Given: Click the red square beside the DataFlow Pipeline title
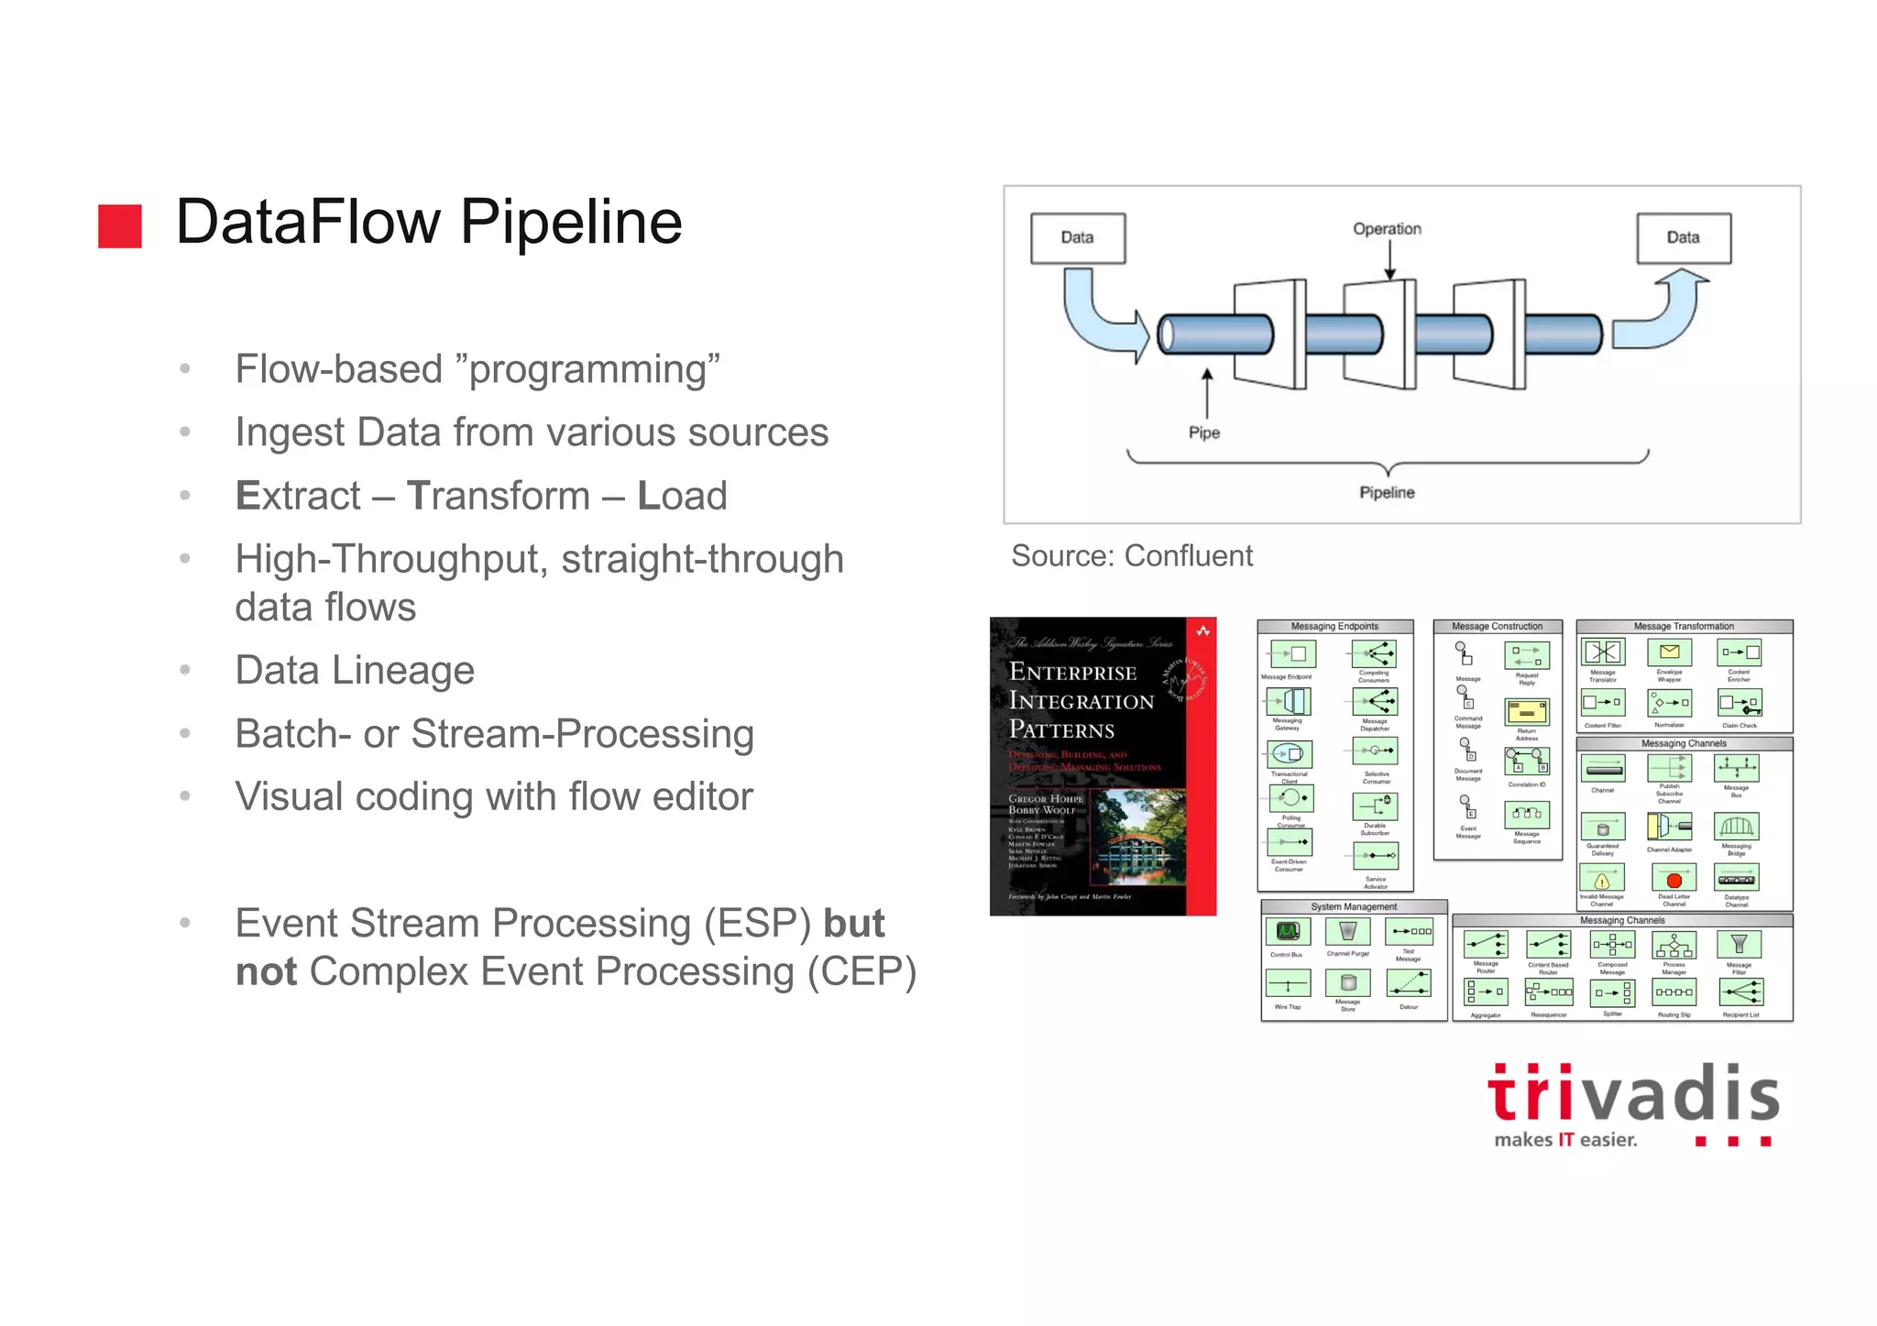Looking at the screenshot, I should point(120,225).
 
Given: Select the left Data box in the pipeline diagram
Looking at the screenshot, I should point(1077,238).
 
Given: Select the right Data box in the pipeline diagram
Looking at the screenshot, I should point(1683,238).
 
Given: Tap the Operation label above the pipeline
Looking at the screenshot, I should point(1387,229).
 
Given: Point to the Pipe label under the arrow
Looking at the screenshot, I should point(1203,433).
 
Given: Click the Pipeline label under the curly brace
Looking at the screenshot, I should point(1387,493).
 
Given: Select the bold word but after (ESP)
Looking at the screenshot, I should point(853,924).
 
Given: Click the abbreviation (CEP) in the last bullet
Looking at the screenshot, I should point(861,972).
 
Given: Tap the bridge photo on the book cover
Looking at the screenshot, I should point(1140,838).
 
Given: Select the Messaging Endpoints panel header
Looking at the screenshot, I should point(1334,627).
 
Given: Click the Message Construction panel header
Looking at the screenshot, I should point(1497,627).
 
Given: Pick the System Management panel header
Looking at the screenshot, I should point(1353,907).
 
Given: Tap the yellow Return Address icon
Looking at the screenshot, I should point(1526,712).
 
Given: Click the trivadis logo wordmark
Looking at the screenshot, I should point(1632,1095).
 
